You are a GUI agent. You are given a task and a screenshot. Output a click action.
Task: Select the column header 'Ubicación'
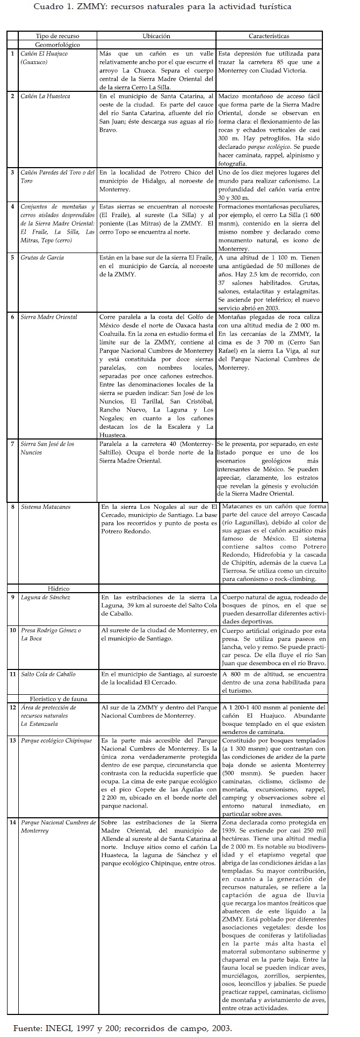pyautogui.click(x=156, y=36)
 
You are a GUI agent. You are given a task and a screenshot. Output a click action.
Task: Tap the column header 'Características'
pyautogui.click(x=269, y=36)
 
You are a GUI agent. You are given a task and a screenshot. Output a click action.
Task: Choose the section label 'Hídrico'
pyautogui.click(x=59, y=588)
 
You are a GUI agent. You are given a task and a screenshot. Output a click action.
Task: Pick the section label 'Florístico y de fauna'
pyautogui.click(x=59, y=698)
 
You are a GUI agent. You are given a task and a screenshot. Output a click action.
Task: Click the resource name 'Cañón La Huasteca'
pyautogui.click(x=45, y=96)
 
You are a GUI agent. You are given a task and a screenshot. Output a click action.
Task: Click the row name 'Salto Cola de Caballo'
pyautogui.click(x=48, y=674)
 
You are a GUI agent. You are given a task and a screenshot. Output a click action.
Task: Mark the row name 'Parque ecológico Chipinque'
pyautogui.click(x=56, y=740)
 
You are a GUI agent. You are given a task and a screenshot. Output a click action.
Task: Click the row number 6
pyautogui.click(x=12, y=317)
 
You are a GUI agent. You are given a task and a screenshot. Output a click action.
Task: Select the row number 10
pyautogui.click(x=12, y=630)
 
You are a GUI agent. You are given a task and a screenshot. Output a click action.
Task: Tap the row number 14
pyautogui.click(x=12, y=822)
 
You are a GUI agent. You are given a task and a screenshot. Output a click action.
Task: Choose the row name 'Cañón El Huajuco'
pyautogui.click(x=44, y=54)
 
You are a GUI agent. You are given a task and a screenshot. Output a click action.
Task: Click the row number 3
pyautogui.click(x=12, y=172)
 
